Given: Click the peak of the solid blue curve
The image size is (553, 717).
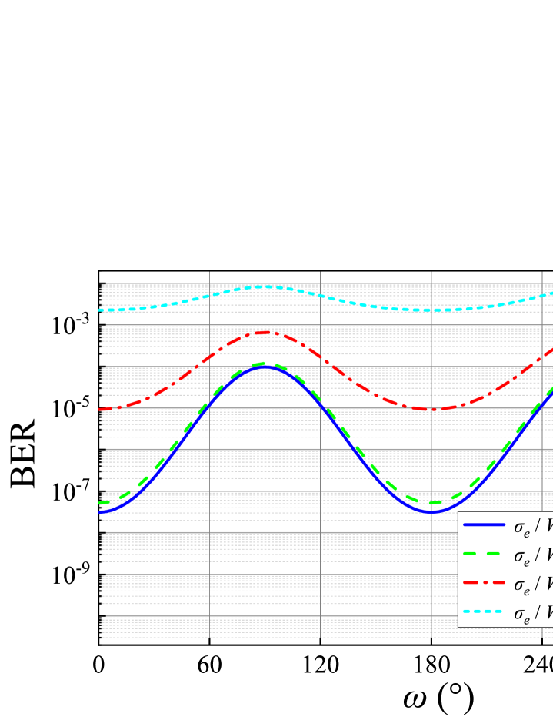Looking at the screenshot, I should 265,367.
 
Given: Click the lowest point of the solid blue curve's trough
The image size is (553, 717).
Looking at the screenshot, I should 431,511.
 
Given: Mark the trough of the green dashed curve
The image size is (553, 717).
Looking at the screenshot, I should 431,502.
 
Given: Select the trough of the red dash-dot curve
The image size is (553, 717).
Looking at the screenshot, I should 431,409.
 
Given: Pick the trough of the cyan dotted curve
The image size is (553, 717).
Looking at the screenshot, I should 431,310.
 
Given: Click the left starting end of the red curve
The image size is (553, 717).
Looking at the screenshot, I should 101,409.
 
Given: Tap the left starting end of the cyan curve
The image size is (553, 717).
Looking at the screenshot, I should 101,310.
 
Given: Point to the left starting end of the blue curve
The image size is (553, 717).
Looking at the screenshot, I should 101,511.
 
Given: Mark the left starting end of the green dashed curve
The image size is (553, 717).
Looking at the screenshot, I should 101,502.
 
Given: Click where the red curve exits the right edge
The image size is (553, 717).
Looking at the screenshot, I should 551,348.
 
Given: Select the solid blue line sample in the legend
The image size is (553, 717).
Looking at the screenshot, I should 484,524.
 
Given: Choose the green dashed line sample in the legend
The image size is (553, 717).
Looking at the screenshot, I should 484,554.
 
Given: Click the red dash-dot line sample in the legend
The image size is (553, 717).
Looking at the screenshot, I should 484,582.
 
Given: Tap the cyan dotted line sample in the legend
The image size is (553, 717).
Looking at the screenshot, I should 484,611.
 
